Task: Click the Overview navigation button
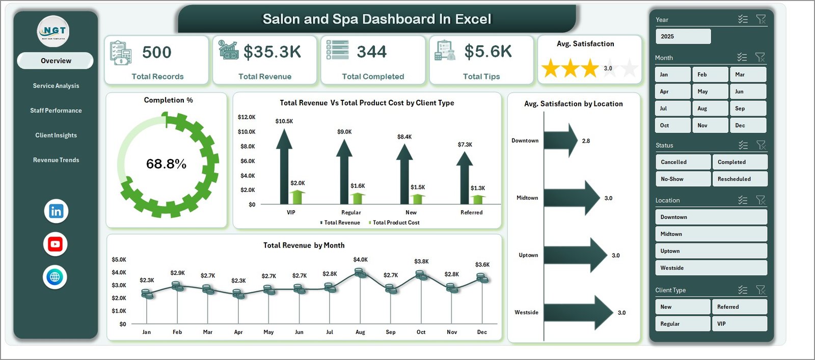click(x=56, y=61)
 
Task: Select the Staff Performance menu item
click(x=56, y=110)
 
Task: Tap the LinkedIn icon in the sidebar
click(x=56, y=211)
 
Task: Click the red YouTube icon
click(x=55, y=244)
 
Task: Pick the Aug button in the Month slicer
click(x=710, y=108)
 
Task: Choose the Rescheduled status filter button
click(x=739, y=179)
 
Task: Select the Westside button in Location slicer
click(x=710, y=268)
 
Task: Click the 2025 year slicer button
click(x=683, y=37)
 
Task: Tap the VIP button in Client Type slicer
click(x=739, y=324)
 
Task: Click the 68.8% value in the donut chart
click(x=166, y=164)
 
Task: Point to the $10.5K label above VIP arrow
click(x=284, y=121)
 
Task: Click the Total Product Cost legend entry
click(x=396, y=223)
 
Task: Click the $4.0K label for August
click(x=360, y=260)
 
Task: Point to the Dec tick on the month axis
click(x=482, y=332)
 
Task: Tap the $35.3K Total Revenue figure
click(x=272, y=52)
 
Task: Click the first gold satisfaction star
click(x=551, y=68)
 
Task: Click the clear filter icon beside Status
click(x=761, y=145)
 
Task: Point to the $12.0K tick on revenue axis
click(x=247, y=117)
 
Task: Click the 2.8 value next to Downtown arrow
click(x=586, y=141)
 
